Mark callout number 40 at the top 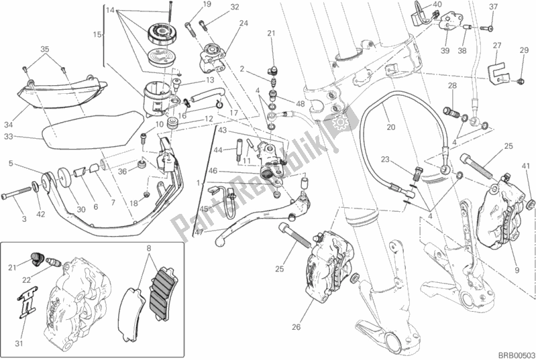tap(436, 4)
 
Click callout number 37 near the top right tap(493, 7)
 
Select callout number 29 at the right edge tap(524, 51)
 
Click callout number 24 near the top tap(243, 23)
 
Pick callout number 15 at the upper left tap(95, 34)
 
